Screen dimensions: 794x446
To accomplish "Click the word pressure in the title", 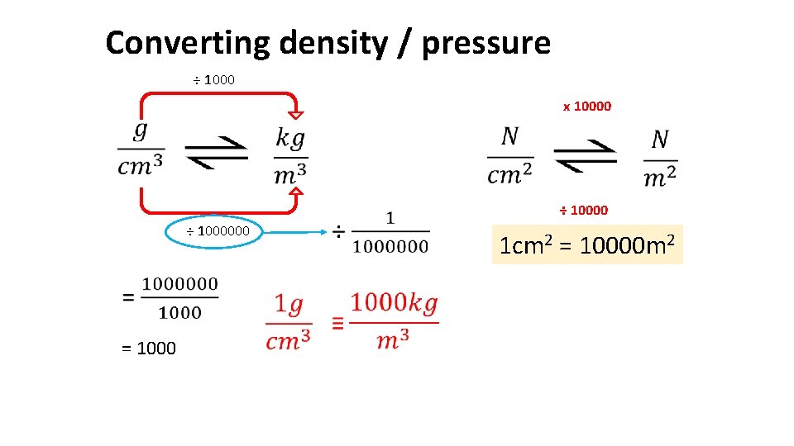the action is click(x=485, y=43).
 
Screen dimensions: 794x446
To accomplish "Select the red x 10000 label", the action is click(x=586, y=106).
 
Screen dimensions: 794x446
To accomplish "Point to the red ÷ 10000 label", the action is click(x=583, y=210).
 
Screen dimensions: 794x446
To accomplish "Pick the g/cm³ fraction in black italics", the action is click(x=141, y=150).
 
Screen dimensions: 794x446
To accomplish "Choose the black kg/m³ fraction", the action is click(x=290, y=157).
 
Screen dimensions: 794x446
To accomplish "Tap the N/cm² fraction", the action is click(x=510, y=155).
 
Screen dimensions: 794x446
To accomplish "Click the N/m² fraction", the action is click(x=659, y=158).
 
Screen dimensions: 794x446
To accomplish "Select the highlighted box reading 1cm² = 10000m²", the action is click(x=587, y=244).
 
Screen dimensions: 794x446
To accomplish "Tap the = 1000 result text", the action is click(x=149, y=349).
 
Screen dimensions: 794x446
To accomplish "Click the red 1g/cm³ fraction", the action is click(x=289, y=322).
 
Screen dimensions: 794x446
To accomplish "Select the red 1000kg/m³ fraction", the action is click(x=394, y=320).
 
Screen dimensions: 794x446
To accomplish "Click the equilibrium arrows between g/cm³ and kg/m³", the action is click(x=216, y=152).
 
